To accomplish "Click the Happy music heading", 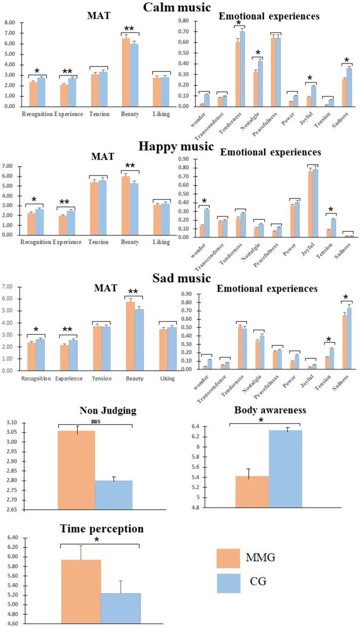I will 180,147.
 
